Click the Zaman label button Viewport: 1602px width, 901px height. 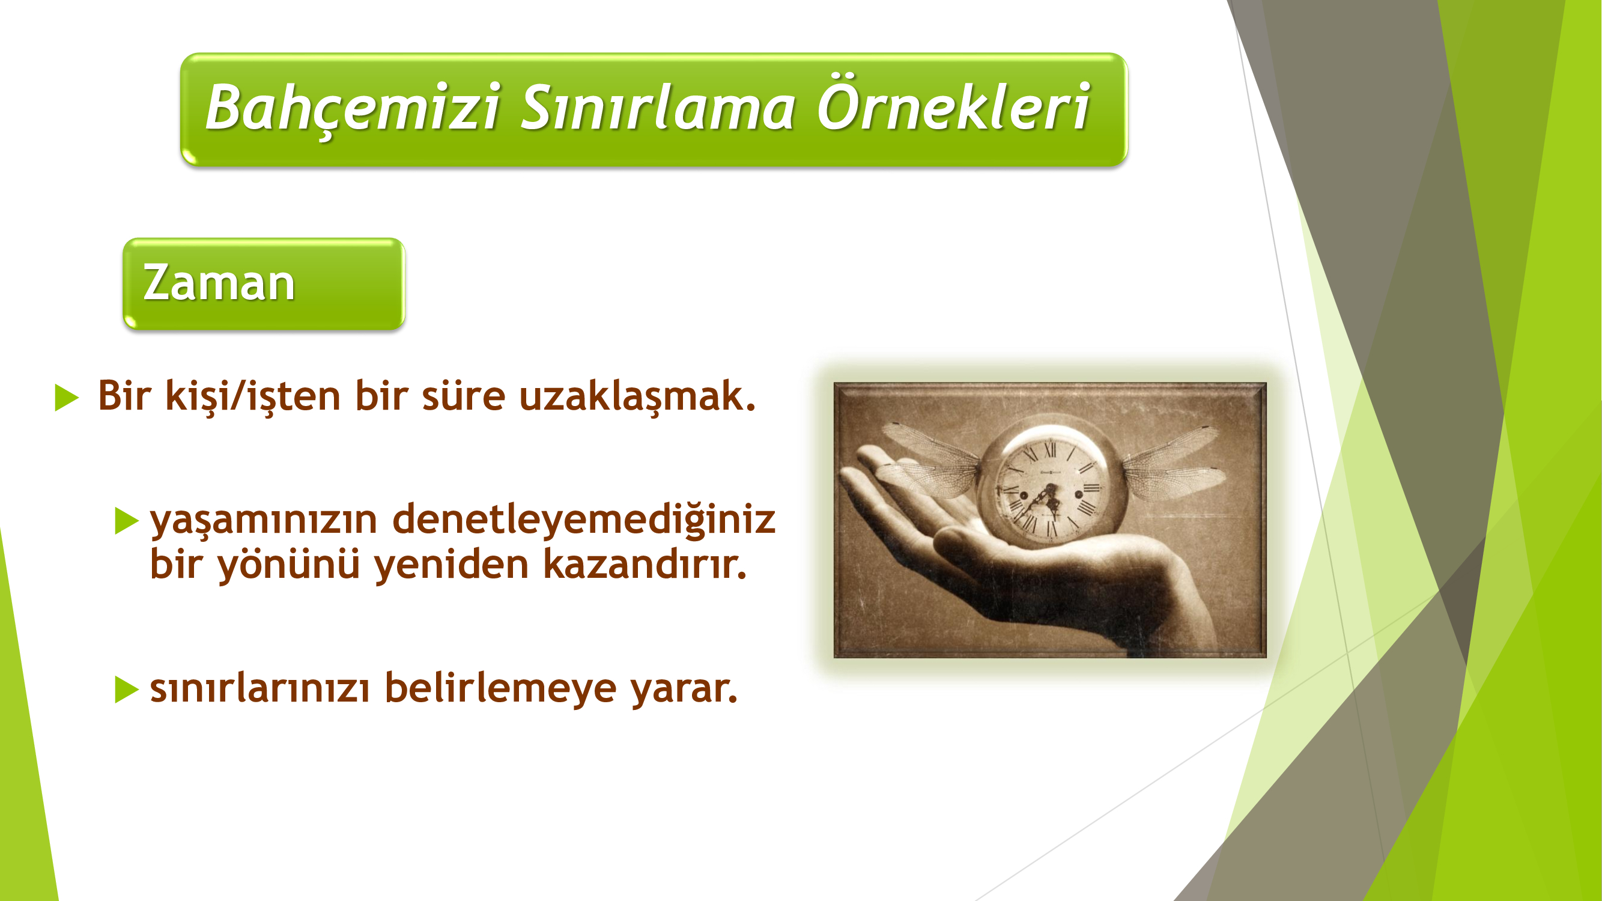(264, 284)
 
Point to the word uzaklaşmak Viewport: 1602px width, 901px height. (637, 396)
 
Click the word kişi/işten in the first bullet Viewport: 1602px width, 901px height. (252, 396)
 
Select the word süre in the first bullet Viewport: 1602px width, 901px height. (463, 396)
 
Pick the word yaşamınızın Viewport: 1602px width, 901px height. (264, 521)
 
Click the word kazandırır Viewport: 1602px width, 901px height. (645, 564)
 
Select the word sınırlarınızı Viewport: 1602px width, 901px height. (260, 688)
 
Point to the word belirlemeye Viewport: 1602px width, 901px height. (500, 689)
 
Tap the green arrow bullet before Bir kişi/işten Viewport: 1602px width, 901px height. (67, 397)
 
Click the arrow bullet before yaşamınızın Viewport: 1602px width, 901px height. (127, 521)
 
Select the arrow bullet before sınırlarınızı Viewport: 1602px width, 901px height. (127, 690)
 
